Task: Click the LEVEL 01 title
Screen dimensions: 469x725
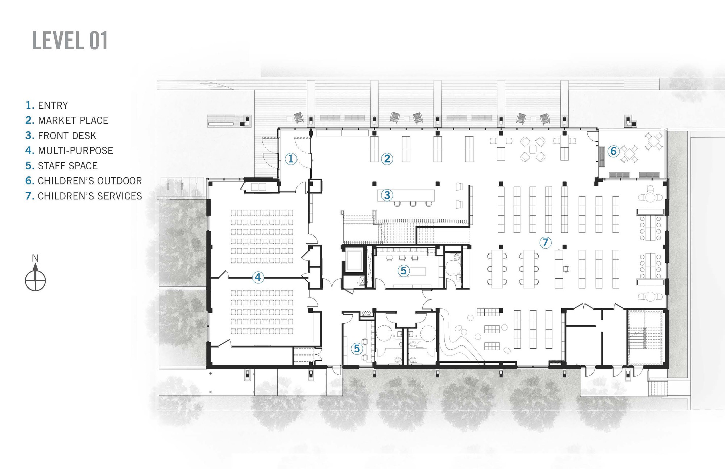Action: pos(70,40)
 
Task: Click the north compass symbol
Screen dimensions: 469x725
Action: pos(35,280)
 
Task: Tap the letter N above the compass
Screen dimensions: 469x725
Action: pos(35,258)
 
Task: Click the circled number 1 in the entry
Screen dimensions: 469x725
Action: pos(291,158)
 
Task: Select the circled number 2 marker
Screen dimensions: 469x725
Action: pos(387,158)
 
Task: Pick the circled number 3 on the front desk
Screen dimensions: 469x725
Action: pos(387,195)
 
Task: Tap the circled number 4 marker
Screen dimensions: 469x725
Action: pos(258,278)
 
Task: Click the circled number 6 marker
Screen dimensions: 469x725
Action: pos(613,151)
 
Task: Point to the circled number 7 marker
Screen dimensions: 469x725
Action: pos(545,242)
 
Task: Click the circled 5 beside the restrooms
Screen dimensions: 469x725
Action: pos(357,349)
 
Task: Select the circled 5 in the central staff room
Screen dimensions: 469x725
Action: pos(403,270)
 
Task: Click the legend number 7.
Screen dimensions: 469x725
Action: pos(29,196)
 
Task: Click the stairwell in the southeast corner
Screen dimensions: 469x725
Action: pos(647,337)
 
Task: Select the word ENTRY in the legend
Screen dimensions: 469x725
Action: pos(53,105)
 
